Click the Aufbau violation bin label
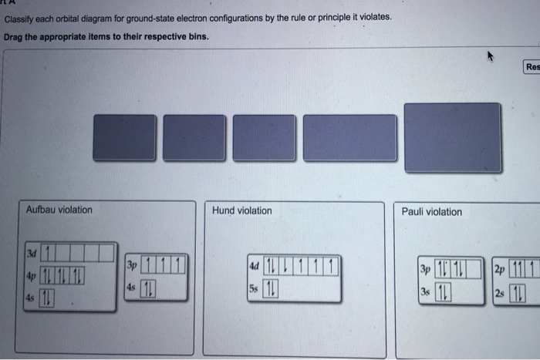tap(59, 210)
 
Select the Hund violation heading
tap(242, 210)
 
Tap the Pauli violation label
tap(432, 212)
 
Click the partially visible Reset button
tap(532, 67)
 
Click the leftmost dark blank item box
tap(123, 138)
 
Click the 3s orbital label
tap(424, 291)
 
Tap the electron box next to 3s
tap(442, 291)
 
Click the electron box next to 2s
tap(515, 291)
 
